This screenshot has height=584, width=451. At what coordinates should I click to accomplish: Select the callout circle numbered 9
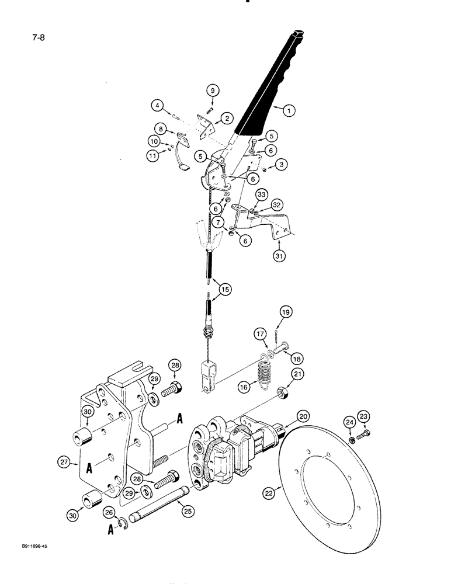coord(213,91)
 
